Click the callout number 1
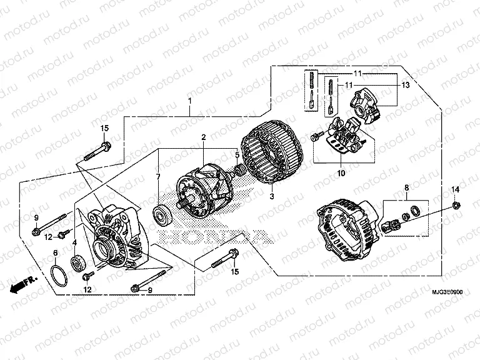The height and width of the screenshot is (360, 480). (189, 101)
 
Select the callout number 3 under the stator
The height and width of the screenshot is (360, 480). (272, 196)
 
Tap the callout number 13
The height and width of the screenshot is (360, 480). (405, 86)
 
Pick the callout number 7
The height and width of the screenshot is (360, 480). (158, 177)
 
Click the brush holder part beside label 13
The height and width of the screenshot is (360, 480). (367, 103)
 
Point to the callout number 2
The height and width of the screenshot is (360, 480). (203, 137)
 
